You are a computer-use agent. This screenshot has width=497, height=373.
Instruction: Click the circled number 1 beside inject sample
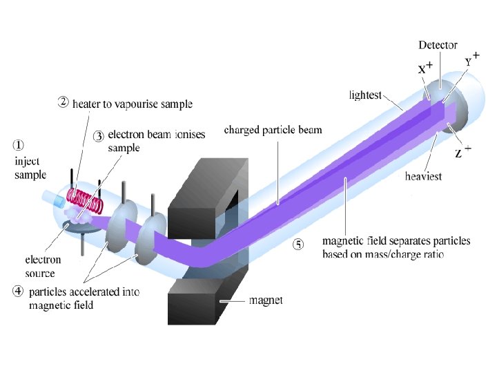click(19, 145)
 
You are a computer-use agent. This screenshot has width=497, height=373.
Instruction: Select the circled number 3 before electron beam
click(99, 136)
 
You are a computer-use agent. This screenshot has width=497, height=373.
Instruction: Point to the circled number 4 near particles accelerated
click(19, 291)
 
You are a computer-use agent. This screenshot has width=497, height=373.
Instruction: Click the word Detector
click(438, 45)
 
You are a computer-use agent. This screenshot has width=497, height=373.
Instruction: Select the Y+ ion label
click(471, 60)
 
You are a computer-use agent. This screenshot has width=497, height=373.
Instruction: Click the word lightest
click(365, 95)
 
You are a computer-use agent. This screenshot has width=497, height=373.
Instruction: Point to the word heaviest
click(424, 177)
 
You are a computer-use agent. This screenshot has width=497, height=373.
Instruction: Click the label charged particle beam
click(273, 130)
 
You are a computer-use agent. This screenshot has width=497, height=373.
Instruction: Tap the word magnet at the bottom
click(266, 300)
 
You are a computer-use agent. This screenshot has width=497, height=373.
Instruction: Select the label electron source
click(43, 266)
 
